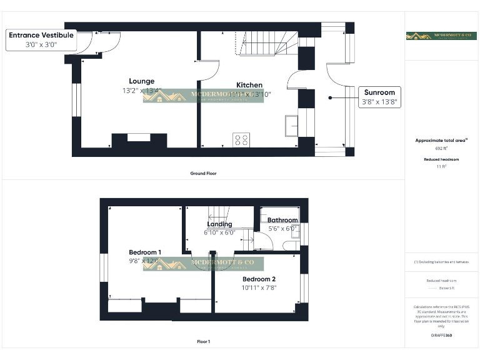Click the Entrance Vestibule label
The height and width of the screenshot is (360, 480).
tap(41, 36)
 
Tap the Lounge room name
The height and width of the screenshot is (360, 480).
tap(141, 81)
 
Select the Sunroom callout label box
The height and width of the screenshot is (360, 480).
tap(379, 97)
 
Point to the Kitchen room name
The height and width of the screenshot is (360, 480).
tap(249, 85)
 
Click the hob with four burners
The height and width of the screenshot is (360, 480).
tap(241, 140)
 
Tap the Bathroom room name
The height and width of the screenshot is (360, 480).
tap(282, 220)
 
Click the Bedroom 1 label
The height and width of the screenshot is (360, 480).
tap(145, 252)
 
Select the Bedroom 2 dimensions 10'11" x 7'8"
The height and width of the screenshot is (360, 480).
tap(259, 288)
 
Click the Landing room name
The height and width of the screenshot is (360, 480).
tap(219, 224)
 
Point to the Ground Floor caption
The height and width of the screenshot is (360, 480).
tap(203, 173)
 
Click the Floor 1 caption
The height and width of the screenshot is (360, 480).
tap(203, 342)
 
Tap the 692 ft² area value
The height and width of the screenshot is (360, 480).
tap(442, 149)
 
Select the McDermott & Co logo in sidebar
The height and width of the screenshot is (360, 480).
tap(441, 36)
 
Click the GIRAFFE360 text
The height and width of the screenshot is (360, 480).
tap(441, 336)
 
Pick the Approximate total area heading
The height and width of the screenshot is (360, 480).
tap(441, 141)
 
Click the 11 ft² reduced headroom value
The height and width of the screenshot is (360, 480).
tap(442, 167)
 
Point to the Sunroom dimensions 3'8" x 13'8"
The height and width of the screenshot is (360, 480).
tap(379, 102)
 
